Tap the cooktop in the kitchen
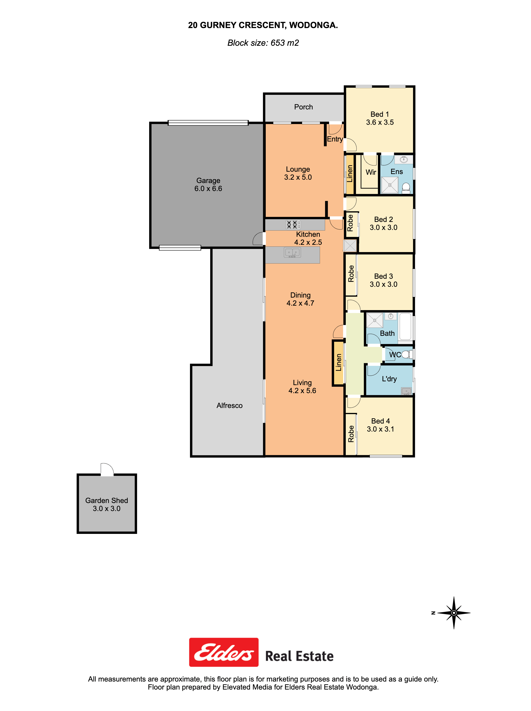(x=293, y=225)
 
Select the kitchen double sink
(x=292, y=253)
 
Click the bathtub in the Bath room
(x=405, y=326)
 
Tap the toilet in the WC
(x=407, y=354)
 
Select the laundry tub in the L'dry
(x=406, y=391)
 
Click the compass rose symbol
(x=454, y=613)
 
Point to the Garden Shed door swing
(x=107, y=469)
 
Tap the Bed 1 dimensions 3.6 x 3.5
(x=380, y=122)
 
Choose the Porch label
(x=303, y=107)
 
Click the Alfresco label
(x=229, y=406)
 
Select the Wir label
(x=371, y=172)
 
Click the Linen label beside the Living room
(x=338, y=362)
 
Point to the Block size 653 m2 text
(x=263, y=43)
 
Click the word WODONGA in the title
(x=313, y=25)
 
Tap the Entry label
(x=335, y=139)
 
